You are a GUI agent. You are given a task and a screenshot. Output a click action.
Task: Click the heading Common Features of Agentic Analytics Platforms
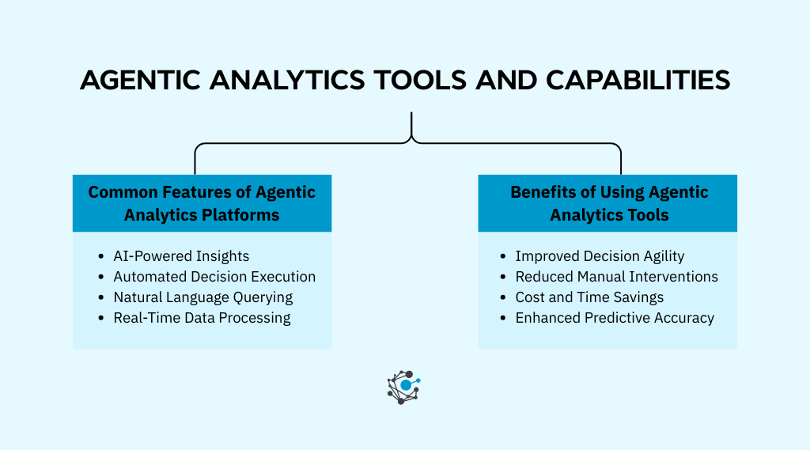click(x=202, y=203)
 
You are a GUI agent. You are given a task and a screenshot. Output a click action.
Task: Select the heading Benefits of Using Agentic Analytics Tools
click(x=608, y=203)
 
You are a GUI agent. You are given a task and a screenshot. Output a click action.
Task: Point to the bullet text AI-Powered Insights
click(x=181, y=256)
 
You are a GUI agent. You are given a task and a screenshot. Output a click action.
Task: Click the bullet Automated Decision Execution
click(x=214, y=277)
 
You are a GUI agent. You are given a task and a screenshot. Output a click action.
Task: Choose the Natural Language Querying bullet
click(x=203, y=297)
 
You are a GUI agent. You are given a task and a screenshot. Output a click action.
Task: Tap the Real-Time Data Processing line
click(x=202, y=318)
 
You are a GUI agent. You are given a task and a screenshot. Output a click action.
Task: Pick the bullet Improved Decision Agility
click(x=600, y=256)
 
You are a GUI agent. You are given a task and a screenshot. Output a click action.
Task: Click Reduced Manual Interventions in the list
click(x=616, y=277)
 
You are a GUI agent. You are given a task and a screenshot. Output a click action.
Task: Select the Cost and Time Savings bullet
click(x=589, y=297)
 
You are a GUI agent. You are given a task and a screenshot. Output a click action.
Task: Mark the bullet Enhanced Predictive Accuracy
click(x=615, y=318)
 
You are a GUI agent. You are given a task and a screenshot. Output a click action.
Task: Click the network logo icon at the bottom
click(x=403, y=387)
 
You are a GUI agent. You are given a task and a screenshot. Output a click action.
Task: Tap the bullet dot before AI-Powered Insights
click(x=101, y=257)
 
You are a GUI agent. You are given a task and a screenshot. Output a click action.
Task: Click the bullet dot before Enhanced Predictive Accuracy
click(x=504, y=319)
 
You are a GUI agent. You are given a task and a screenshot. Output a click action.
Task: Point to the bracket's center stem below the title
click(x=411, y=125)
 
